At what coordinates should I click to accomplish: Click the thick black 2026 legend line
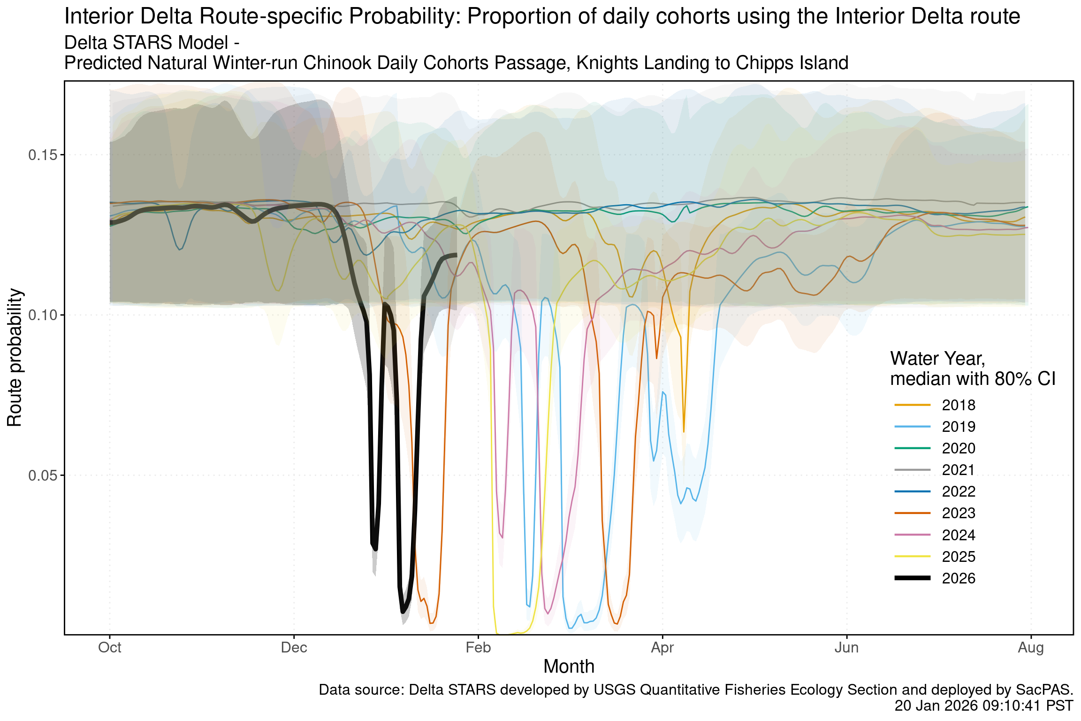(x=913, y=578)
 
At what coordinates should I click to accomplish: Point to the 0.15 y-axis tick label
(x=43, y=155)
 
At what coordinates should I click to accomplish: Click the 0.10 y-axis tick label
(x=43, y=315)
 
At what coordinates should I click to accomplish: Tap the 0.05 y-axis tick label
(x=43, y=476)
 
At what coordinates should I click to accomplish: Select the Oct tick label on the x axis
(x=110, y=648)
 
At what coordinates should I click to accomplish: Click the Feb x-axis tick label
(x=478, y=648)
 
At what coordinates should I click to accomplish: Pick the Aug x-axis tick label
(x=1031, y=648)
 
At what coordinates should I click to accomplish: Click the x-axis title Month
(x=569, y=667)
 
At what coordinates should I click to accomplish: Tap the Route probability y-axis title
(x=15, y=358)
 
